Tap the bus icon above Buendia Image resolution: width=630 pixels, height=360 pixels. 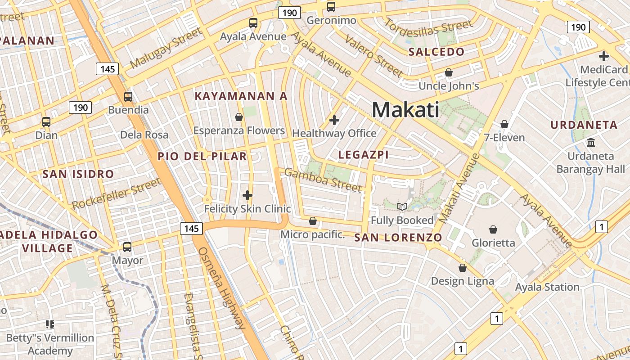[128, 96]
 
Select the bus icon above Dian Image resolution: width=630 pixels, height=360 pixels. [46, 121]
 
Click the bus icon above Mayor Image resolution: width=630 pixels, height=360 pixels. [127, 247]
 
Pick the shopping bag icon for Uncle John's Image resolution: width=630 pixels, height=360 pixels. [448, 72]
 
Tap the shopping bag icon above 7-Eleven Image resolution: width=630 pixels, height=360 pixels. [504, 124]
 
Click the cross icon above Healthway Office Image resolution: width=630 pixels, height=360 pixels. [334, 120]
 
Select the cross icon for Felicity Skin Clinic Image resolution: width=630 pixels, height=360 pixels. [247, 195]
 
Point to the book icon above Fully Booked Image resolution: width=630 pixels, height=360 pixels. [402, 207]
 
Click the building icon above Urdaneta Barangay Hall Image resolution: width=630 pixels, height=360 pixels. [590, 143]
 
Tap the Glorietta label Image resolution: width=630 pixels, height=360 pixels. [493, 243]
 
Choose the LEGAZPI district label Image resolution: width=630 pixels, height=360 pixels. [363, 155]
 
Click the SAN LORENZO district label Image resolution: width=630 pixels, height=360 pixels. [398, 237]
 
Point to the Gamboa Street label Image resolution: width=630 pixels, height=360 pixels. [323, 180]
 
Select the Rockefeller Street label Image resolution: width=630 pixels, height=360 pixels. [116, 193]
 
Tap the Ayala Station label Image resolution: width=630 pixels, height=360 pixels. [547, 287]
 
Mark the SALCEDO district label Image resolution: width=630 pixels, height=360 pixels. [436, 52]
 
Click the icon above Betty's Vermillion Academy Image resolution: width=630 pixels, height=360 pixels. [49, 324]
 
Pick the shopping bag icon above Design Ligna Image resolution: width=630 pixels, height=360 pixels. [462, 268]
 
